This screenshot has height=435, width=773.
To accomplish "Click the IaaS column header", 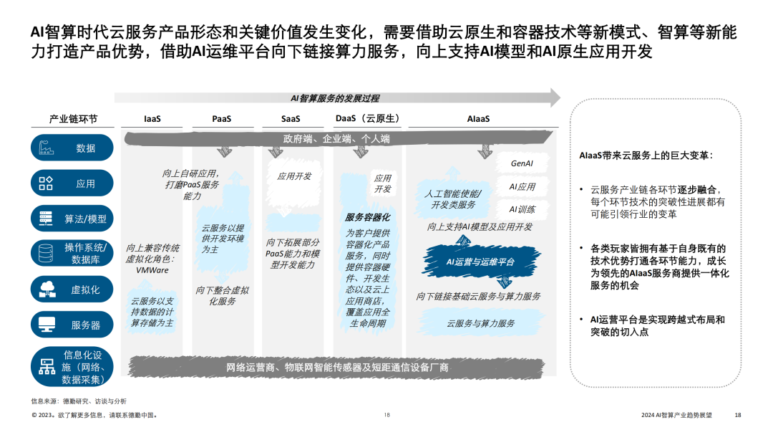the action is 152,119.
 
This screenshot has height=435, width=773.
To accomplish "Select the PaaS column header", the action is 221,119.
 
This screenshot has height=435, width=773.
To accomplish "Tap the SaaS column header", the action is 291,119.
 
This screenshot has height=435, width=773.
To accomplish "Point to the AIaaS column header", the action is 478,119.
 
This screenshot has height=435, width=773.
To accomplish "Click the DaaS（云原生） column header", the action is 367,119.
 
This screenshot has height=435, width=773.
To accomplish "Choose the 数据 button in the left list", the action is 72,148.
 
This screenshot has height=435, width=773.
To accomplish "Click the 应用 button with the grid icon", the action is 72,183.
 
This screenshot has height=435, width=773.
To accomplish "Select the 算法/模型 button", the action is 72,219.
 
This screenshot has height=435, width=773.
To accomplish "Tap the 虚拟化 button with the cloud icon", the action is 72,290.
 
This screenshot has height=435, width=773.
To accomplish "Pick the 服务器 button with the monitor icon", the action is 72,325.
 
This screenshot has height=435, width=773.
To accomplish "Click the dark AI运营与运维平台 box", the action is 480,262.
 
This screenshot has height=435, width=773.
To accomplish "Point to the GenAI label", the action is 522,163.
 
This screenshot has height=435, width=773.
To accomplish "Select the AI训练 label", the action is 522,209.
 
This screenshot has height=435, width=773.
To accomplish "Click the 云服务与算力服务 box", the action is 480,324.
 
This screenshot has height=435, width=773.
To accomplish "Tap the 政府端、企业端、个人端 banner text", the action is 336,139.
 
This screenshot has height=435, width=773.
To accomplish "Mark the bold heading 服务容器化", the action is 367,217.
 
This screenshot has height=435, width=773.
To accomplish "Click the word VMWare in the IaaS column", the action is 152,270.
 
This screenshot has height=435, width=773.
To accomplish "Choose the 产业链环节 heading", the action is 73,119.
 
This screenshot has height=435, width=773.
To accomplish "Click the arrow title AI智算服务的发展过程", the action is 334,98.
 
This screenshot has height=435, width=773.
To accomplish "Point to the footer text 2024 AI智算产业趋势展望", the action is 676,415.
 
